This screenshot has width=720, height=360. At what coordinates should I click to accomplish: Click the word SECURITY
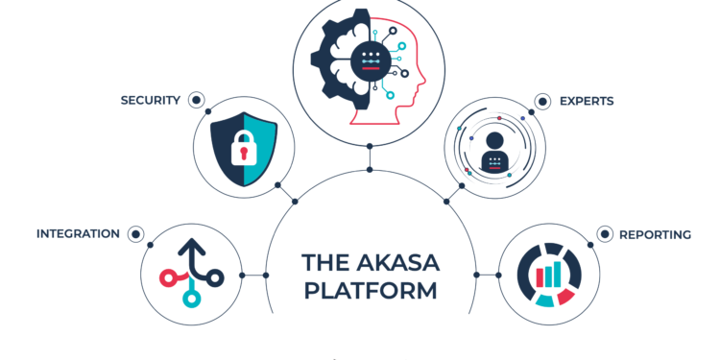[x=150, y=100]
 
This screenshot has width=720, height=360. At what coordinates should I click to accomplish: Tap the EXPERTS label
[x=587, y=100]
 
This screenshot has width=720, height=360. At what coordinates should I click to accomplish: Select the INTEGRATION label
[x=78, y=233]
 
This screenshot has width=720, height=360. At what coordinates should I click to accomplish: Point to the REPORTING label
[x=655, y=234]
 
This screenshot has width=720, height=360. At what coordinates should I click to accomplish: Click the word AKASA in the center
[x=396, y=261]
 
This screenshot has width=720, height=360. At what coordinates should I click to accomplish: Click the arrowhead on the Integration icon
[x=191, y=249]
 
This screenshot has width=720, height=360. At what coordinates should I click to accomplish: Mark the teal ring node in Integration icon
[x=191, y=300]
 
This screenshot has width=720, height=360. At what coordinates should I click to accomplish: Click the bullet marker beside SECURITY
[x=196, y=99]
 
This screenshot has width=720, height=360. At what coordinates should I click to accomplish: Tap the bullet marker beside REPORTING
[x=605, y=233]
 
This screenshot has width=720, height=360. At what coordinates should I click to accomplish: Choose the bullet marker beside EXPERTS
[x=542, y=100]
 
